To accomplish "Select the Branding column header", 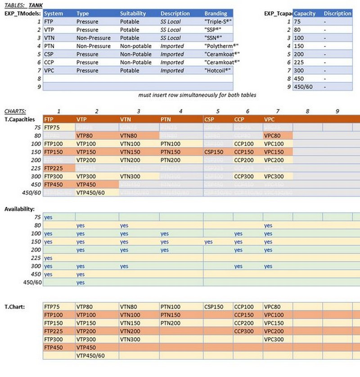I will coord(216,14).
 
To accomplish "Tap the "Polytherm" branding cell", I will coord(219,46).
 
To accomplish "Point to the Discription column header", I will coord(337,14).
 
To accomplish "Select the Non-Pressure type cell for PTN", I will coord(93,46).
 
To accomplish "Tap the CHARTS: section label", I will coord(15,111).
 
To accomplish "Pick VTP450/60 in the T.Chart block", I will coord(90,355).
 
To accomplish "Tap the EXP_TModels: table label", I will coord(23,14).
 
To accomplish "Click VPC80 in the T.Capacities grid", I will coord(272,136).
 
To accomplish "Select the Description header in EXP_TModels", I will coord(175,14).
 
